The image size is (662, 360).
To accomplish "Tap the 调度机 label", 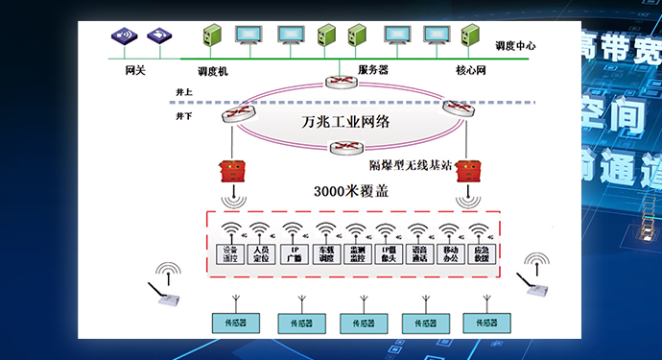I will click(x=211, y=71).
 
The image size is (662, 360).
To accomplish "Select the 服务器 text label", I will click(x=372, y=70).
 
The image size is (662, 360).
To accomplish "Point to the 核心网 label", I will click(x=472, y=70).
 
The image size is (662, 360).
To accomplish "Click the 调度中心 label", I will click(x=514, y=45).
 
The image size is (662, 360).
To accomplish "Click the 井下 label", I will click(x=184, y=115).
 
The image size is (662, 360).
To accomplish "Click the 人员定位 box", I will click(x=259, y=254).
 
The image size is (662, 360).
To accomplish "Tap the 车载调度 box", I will click(x=326, y=254).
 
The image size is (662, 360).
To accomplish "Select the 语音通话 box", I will click(x=418, y=254).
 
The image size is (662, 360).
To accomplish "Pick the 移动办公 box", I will click(x=450, y=254).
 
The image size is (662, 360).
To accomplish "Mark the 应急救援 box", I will click(x=482, y=254).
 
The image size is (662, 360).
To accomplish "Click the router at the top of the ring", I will click(x=339, y=83).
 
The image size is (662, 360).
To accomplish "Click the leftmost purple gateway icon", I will click(x=124, y=36).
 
